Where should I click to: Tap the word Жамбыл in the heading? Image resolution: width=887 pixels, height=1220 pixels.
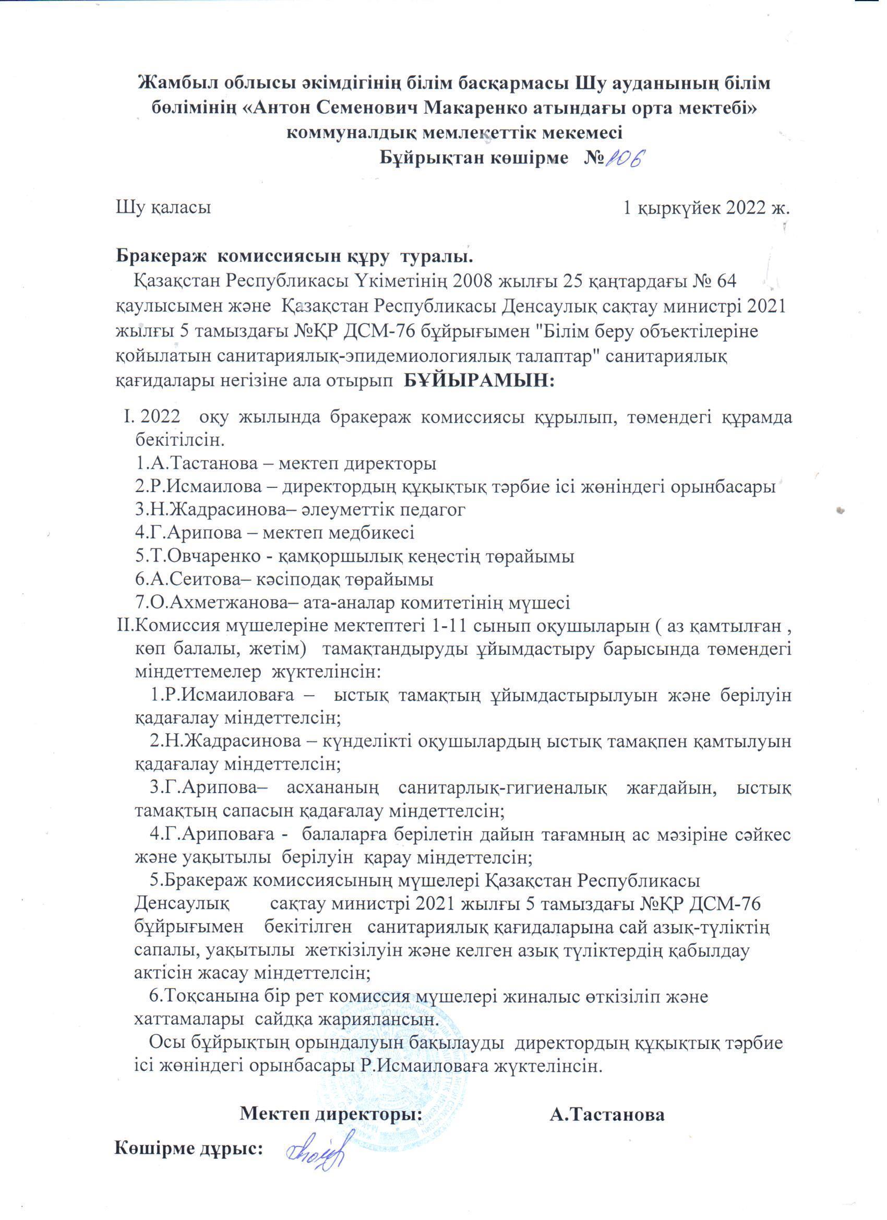click(x=172, y=85)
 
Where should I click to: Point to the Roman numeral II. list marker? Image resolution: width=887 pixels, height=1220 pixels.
click(x=125, y=626)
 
